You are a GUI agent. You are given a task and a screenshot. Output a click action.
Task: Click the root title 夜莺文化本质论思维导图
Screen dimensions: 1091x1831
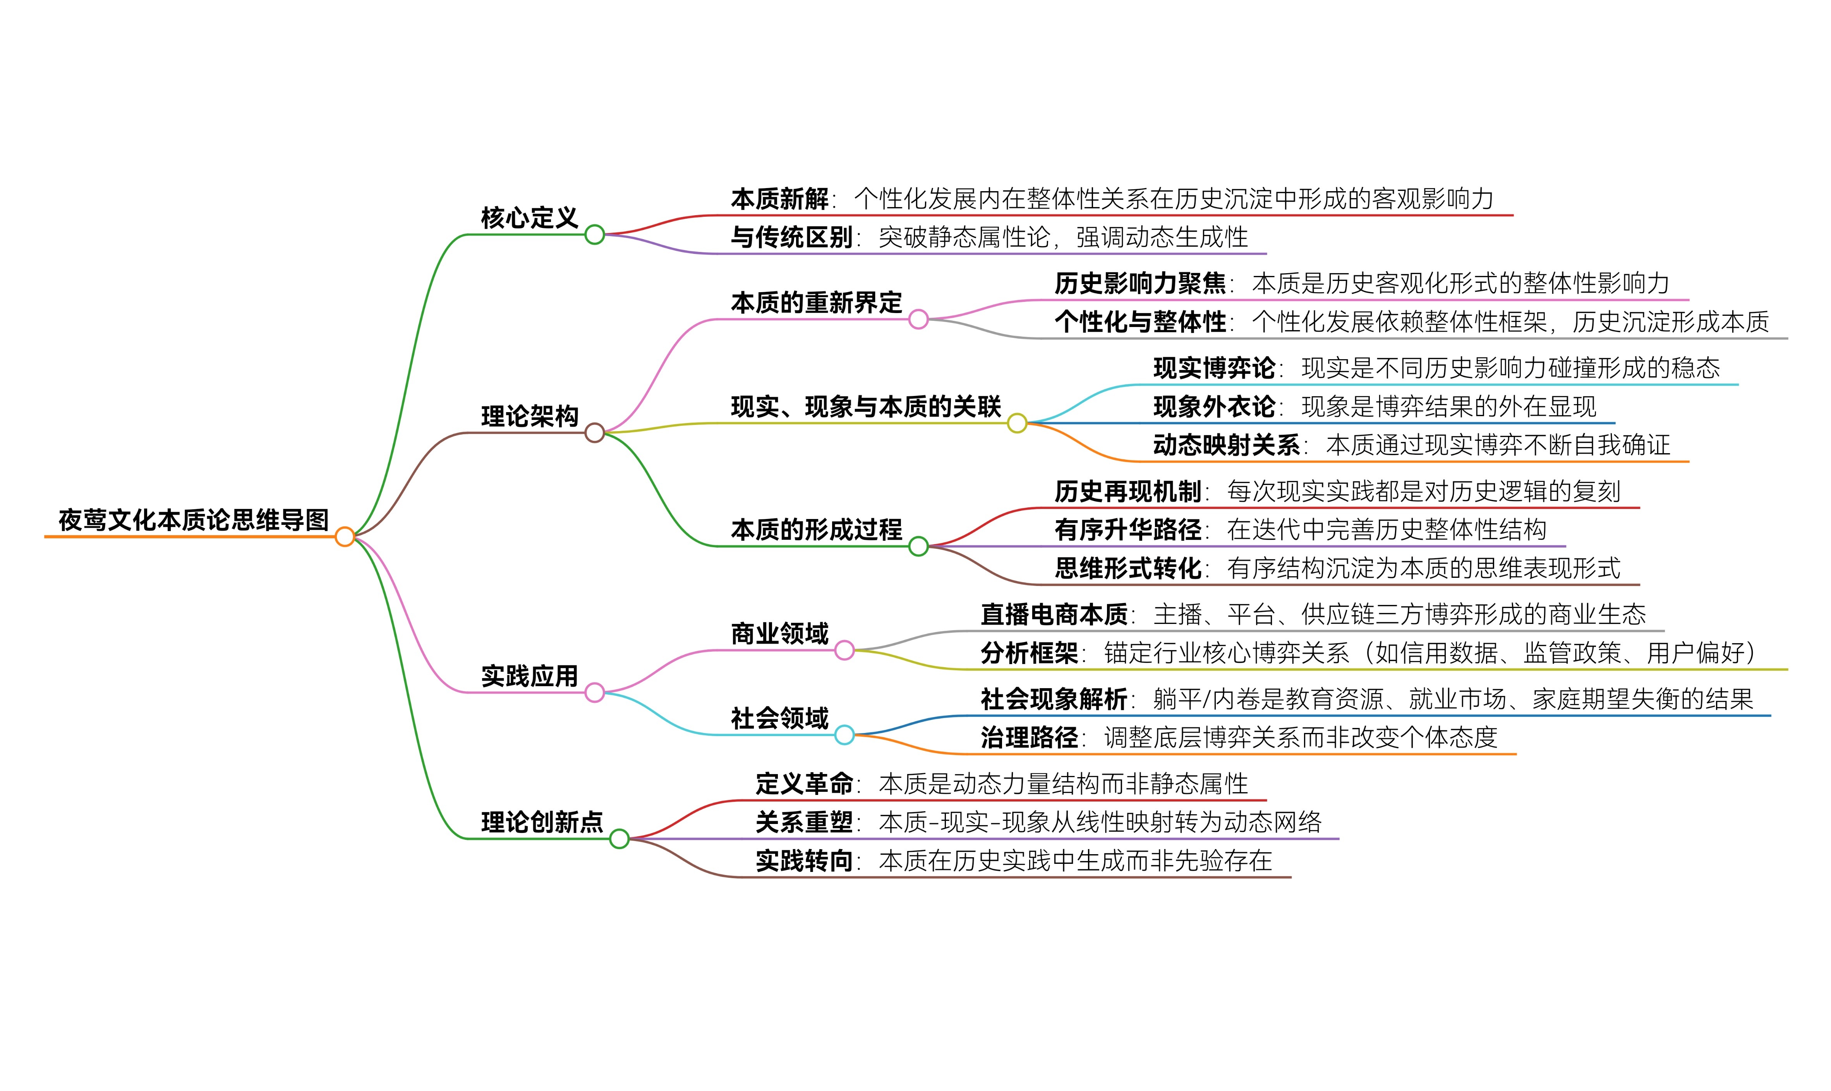click(x=193, y=520)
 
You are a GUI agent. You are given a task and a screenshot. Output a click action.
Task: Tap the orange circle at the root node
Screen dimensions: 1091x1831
click(x=344, y=537)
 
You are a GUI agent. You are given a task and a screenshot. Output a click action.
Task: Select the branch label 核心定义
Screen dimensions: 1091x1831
click(x=529, y=218)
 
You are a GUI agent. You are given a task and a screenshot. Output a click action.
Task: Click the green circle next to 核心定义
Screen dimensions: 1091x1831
click(x=594, y=235)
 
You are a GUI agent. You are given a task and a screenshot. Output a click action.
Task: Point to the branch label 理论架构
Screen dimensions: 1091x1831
click(x=529, y=416)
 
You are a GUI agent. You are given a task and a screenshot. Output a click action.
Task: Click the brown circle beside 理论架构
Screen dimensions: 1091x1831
click(x=594, y=433)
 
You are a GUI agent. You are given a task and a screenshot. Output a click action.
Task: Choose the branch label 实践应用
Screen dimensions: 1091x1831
click(x=529, y=676)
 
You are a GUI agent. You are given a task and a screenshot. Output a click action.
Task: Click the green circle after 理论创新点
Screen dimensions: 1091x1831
click(x=619, y=838)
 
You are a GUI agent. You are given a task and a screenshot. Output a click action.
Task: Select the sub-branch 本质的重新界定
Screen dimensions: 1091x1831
click(x=816, y=302)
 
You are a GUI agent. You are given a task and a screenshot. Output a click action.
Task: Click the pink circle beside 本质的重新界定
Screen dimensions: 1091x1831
click(x=918, y=319)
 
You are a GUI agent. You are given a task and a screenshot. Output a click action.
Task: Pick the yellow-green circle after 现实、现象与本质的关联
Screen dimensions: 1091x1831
click(x=1017, y=423)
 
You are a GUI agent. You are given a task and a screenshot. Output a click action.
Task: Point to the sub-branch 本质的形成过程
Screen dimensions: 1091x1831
click(x=816, y=529)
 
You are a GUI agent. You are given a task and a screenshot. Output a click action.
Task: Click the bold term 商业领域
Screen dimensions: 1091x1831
click(x=779, y=633)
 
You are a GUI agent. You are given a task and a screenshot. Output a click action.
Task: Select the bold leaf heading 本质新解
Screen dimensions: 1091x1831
click(x=779, y=199)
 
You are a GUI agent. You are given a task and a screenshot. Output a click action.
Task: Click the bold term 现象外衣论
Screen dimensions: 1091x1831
click(x=1214, y=406)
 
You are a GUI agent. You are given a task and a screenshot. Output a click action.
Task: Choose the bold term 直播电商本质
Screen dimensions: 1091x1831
click(x=1054, y=614)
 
